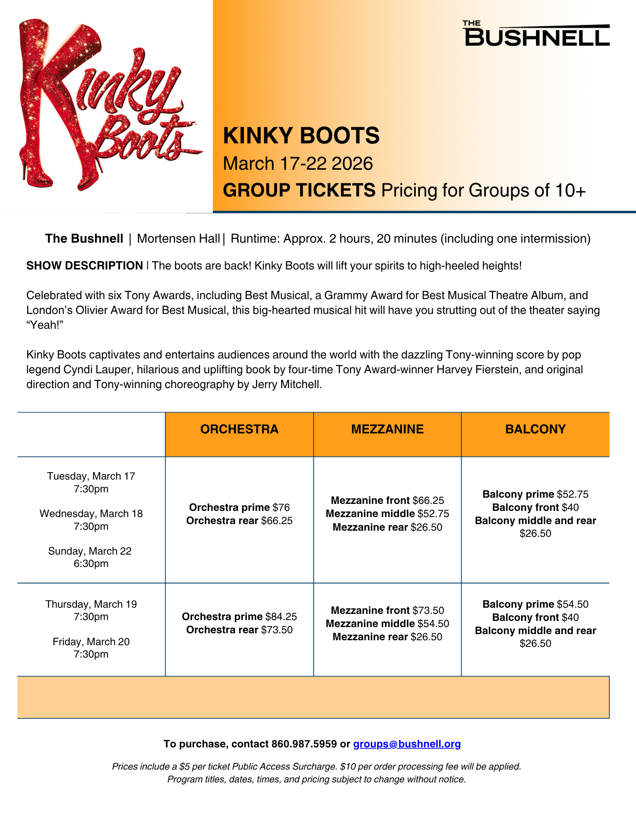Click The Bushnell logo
click(537, 33)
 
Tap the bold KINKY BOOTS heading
click(301, 136)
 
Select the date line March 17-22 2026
click(298, 164)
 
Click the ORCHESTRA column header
click(239, 429)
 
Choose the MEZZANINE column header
click(387, 429)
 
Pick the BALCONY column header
click(535, 429)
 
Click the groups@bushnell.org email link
click(407, 744)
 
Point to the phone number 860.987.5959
click(304, 744)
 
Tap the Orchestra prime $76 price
click(239, 507)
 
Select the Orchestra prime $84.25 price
click(239, 616)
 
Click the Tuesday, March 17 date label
click(91, 476)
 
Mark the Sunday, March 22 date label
click(90, 551)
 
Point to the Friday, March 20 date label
click(91, 641)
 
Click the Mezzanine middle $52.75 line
click(387, 514)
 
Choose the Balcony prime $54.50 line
click(535, 604)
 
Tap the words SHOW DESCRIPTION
click(84, 266)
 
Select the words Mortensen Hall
click(178, 239)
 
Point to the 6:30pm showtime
click(91, 564)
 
